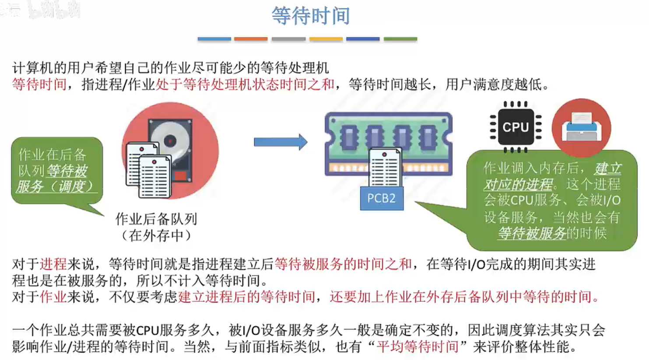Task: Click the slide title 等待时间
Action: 310,16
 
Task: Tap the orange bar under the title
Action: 251,39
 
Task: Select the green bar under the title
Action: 400,39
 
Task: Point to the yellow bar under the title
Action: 326,39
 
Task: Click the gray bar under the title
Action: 288,39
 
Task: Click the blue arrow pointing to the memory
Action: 281,142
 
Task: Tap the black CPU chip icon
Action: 516,127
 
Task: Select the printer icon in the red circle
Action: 582,127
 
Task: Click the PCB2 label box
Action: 381,198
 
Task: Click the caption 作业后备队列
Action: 156,219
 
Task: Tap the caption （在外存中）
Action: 156,235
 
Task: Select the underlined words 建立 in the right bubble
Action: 607,169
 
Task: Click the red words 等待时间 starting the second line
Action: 39,84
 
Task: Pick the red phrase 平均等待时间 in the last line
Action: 417,346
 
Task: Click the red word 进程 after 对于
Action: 53,264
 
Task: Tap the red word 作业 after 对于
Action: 53,297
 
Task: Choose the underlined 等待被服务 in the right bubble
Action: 532,233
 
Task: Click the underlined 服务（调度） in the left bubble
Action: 55,187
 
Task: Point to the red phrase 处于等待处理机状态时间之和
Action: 245,84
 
